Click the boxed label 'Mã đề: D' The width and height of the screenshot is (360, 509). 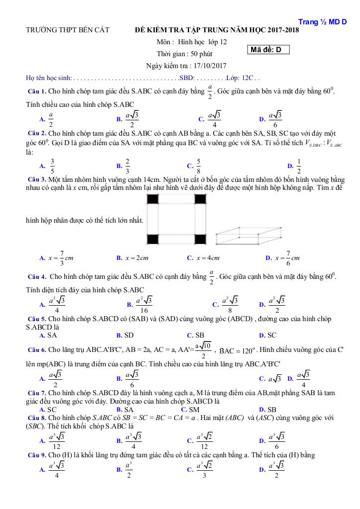[269, 50]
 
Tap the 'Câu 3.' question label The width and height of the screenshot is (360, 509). [37, 179]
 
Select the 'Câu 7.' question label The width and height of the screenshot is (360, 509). [37, 393]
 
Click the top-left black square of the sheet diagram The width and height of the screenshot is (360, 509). [153, 199]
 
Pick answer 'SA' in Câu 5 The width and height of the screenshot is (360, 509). [52, 335]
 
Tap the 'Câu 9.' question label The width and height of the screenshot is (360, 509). [37, 455]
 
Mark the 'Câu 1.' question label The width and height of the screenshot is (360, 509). [37, 91]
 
